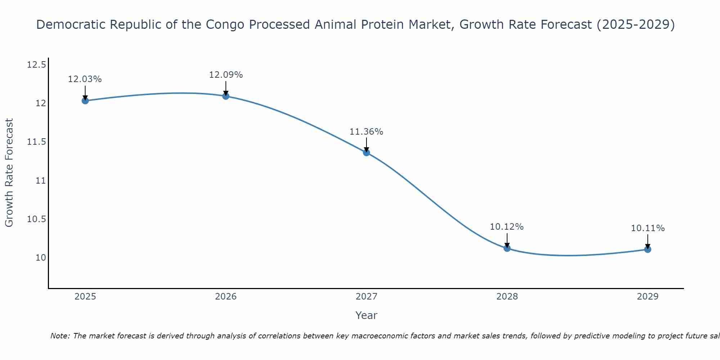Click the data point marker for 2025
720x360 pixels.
coord(85,100)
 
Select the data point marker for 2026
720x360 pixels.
coord(226,96)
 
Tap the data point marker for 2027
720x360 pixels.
coord(366,152)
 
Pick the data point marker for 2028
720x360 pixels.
coord(507,248)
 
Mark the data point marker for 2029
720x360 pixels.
coord(648,249)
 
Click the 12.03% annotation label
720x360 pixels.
coord(85,79)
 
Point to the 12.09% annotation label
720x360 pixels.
coord(226,75)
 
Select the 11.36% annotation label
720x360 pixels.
coord(366,132)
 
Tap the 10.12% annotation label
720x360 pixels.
coord(507,227)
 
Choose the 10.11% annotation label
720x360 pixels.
coord(648,228)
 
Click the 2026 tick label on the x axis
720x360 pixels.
coord(226,297)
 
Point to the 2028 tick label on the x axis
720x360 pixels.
coord(507,297)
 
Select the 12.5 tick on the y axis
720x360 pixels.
coord(36,65)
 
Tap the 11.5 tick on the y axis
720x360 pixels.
coord(36,142)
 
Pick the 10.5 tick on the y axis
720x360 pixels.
coord(36,219)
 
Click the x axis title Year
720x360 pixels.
coord(366,315)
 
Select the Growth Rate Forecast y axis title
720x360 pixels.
coord(9,172)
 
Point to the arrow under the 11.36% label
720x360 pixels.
coord(366,144)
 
